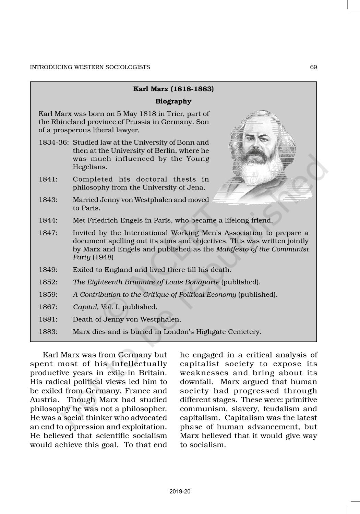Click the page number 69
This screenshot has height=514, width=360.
coord(313,67)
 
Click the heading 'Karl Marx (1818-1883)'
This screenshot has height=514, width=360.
coord(173,89)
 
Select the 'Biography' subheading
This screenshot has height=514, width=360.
coord(173,101)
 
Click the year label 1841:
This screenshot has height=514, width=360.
coord(48,179)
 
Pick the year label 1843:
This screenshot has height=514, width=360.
coord(48,200)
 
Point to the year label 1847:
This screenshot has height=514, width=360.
coord(48,233)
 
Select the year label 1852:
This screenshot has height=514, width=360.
coord(48,282)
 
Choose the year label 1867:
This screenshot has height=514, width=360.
coord(48,307)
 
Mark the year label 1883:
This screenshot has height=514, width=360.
coord(48,332)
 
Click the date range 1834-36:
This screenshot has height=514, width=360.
coord(55,142)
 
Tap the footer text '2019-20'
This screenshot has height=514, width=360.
coord(180,491)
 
